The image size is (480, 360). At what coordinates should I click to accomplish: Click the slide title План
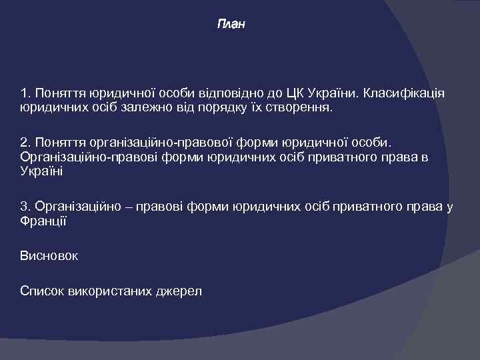point(231,25)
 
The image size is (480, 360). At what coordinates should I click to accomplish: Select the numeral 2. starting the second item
point(25,143)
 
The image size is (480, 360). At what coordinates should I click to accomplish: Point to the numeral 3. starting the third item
point(25,207)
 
